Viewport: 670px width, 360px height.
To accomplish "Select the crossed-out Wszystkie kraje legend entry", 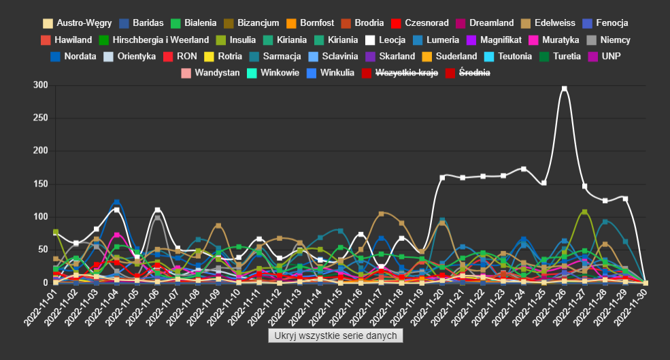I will click(x=400, y=72).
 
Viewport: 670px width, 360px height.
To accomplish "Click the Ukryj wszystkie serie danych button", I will click(x=336, y=336).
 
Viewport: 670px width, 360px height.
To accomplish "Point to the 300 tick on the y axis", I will click(x=40, y=85).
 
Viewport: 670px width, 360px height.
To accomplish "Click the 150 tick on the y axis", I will click(x=40, y=184).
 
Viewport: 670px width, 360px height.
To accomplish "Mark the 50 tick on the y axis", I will click(x=42, y=250).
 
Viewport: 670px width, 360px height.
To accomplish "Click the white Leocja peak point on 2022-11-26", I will click(x=564, y=88).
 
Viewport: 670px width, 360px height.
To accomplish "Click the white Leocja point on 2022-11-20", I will click(x=442, y=178).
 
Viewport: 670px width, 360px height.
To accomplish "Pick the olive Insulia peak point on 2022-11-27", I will click(x=584, y=212).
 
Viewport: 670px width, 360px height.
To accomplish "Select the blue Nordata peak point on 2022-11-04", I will click(x=116, y=202).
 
